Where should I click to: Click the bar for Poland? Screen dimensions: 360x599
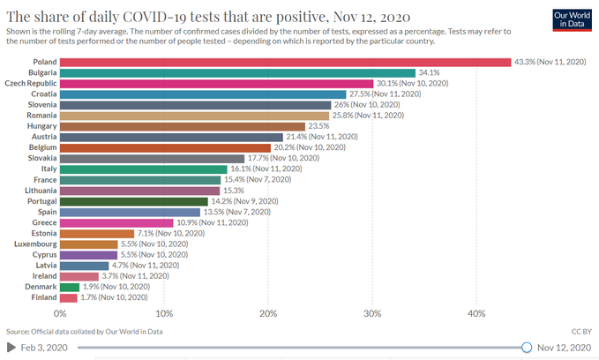coord(285,62)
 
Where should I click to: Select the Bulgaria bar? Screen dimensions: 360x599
coord(237,72)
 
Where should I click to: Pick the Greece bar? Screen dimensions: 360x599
coord(116,222)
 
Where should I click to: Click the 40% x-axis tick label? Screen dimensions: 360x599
coord(476,313)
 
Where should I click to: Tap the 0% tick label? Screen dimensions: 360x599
coord(61,313)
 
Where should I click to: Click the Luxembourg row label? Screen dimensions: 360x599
coord(34,244)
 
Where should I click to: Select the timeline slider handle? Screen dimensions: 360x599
coord(527,348)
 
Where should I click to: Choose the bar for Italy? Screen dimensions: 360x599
coord(143,169)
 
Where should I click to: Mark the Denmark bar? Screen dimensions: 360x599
coord(70,287)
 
